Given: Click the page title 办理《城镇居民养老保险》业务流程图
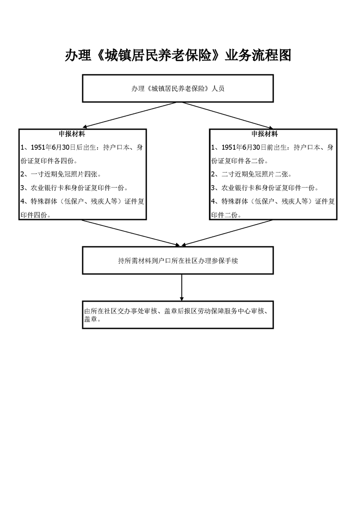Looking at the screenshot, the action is tap(178, 55).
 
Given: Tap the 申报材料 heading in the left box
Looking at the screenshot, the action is tap(72, 134).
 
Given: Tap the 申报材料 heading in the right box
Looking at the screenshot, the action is tap(265, 134).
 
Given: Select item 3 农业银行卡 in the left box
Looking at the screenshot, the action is tap(74, 188).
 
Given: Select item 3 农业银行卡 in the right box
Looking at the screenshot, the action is tap(265, 188).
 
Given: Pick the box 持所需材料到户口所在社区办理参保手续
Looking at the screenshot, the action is tap(178, 260).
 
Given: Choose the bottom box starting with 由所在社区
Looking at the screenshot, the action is tap(178, 314).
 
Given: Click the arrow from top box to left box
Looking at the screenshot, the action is tap(130, 115).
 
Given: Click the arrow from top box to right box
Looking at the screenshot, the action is tap(227, 115).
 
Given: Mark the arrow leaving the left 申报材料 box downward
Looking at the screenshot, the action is tap(131, 233).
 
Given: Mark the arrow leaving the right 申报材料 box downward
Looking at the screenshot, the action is tap(227, 233).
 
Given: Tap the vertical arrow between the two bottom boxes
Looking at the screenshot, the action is tap(182, 287).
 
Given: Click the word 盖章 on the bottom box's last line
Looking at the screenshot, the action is tap(91, 319).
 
